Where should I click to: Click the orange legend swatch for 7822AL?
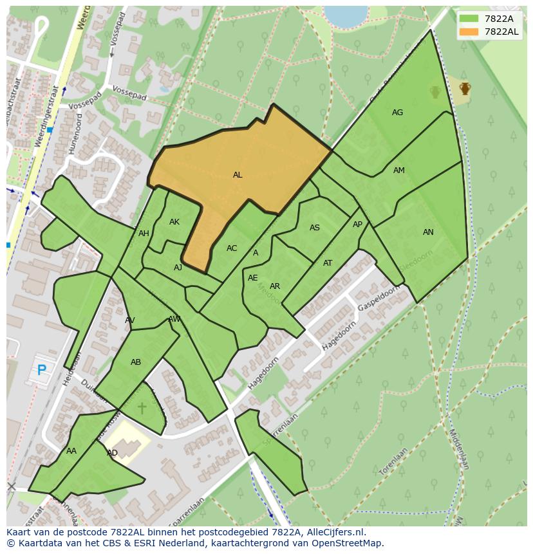pos(470,32)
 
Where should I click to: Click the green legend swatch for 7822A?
pos(470,19)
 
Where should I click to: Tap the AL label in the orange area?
pos(238,175)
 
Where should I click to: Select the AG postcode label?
pos(397,113)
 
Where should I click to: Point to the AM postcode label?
pos(399,171)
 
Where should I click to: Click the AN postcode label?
pos(428,232)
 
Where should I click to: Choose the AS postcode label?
pos(315,228)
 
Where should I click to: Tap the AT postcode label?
pos(328,263)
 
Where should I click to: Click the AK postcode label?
pos(174,222)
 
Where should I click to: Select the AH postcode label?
pos(144,234)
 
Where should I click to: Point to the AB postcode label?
pos(136,362)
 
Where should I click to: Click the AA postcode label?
pos(71,451)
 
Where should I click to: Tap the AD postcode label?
pos(112,453)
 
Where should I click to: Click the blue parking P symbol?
pos(42,370)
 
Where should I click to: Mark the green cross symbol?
pos(142,408)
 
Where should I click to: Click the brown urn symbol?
pos(465,88)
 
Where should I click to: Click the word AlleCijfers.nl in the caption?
pos(335,532)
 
